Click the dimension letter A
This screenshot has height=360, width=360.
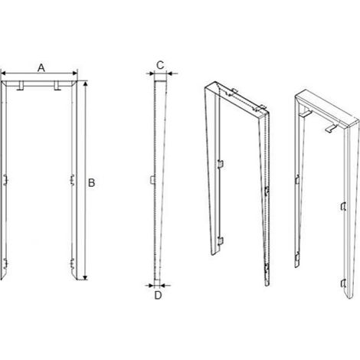(x=41, y=68)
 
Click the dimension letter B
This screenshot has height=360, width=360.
(x=91, y=183)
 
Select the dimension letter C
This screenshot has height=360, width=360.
(x=160, y=65)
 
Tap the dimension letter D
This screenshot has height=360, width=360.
(x=159, y=296)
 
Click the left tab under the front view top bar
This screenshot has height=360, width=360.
(x=20, y=86)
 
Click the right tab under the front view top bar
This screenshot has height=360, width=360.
(x=57, y=86)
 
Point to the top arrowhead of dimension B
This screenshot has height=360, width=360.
(x=86, y=83)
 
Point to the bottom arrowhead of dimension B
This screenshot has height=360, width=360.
(x=86, y=277)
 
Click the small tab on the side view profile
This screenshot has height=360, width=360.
(x=152, y=180)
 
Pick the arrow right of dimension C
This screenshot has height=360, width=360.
(x=172, y=74)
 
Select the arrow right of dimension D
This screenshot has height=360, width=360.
(x=165, y=285)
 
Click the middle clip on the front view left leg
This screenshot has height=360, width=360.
(x=5, y=180)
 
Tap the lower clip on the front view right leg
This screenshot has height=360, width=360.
(x=73, y=264)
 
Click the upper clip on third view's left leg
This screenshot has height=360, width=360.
(x=221, y=164)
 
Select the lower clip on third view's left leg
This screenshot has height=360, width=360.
(x=221, y=241)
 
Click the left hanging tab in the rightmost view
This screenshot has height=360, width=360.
(x=306, y=113)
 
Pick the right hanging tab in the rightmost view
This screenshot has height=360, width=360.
(x=331, y=127)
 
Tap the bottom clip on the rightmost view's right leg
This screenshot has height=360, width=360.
(x=343, y=283)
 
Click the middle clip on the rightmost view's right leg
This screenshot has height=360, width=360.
(x=343, y=206)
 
